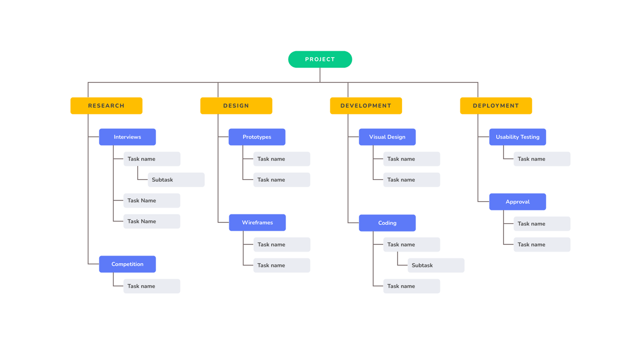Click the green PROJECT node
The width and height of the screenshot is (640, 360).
click(x=320, y=60)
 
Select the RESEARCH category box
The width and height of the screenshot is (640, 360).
click(x=106, y=106)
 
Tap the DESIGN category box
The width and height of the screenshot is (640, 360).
click(x=236, y=106)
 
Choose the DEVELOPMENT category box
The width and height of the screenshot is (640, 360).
click(x=366, y=106)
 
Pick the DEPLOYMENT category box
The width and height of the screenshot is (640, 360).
click(x=496, y=106)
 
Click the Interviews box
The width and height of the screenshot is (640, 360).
click(x=127, y=137)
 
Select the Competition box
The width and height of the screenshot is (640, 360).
click(x=127, y=264)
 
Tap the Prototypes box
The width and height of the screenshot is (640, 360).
click(x=257, y=137)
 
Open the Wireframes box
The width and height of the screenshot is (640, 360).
click(x=257, y=223)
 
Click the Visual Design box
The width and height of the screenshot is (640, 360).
click(x=387, y=137)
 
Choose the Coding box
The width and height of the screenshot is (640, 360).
click(x=387, y=223)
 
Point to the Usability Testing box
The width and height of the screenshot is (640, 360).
click(x=517, y=137)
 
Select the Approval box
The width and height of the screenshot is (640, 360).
click(x=517, y=202)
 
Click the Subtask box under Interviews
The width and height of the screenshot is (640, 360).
click(x=176, y=180)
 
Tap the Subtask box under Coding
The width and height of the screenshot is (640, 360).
click(x=436, y=265)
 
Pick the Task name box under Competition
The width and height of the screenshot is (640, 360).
click(x=152, y=286)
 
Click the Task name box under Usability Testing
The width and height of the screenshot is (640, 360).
click(x=542, y=159)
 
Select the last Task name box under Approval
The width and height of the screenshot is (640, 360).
click(x=542, y=245)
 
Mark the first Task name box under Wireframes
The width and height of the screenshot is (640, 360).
click(x=282, y=245)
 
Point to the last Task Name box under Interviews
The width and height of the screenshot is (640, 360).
click(x=152, y=221)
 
